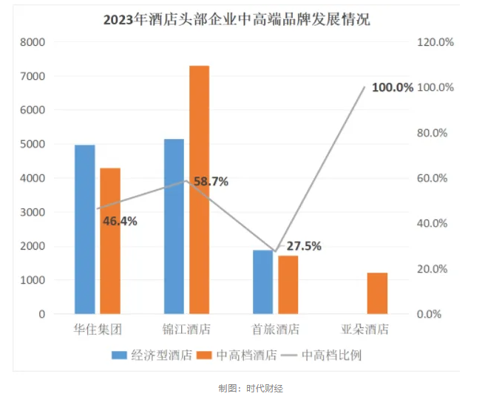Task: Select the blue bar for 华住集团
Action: point(85,229)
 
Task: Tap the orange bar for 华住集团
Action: point(110,241)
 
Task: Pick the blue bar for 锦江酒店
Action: point(174,226)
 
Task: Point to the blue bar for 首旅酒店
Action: point(262,282)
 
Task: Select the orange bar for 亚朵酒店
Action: point(377,293)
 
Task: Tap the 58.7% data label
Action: point(211,181)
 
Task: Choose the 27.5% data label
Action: point(304,246)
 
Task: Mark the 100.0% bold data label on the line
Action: point(392,87)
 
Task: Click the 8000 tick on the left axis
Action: point(33,42)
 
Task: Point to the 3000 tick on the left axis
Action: point(33,212)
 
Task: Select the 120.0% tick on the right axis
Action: point(435,42)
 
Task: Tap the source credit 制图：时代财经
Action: point(251,388)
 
